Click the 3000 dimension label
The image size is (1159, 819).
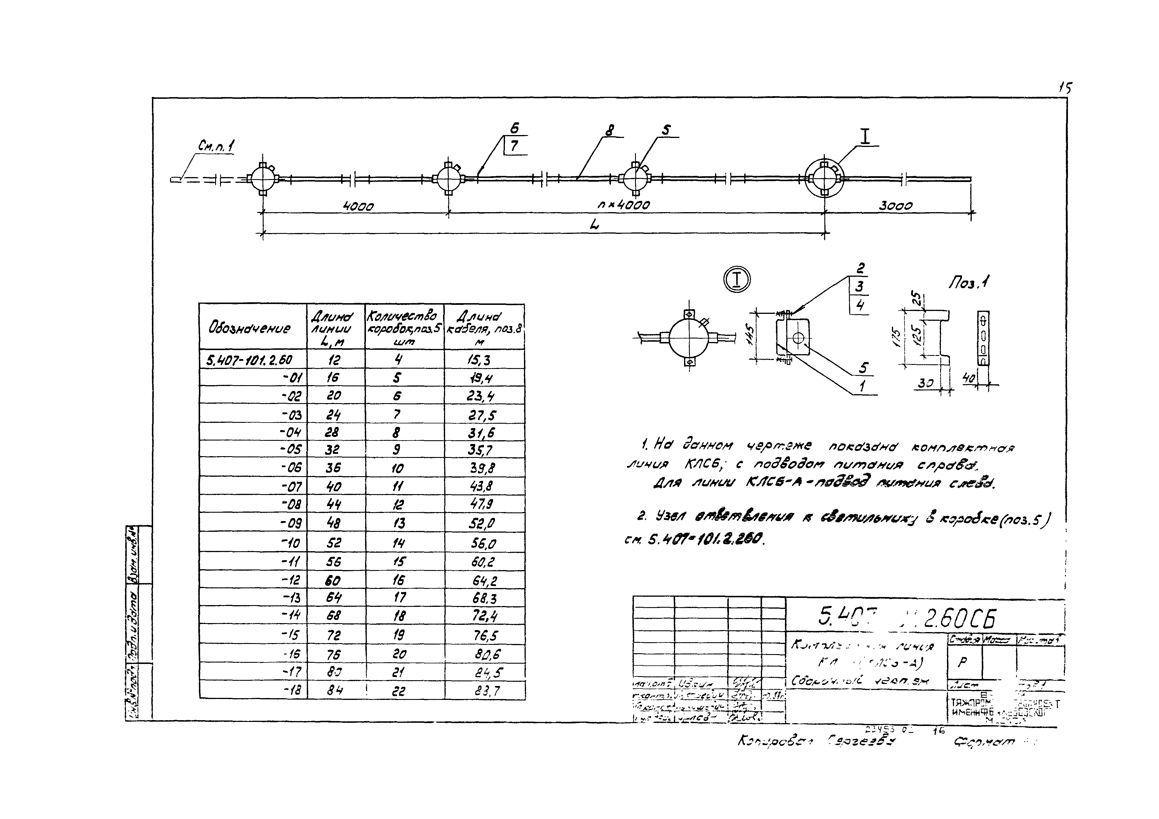point(895,206)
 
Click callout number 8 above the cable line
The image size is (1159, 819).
point(610,130)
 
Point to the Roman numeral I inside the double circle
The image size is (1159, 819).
point(737,279)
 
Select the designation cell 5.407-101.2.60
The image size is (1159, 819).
point(249,360)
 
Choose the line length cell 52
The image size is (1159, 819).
point(334,543)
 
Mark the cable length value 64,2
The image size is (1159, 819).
point(484,580)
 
